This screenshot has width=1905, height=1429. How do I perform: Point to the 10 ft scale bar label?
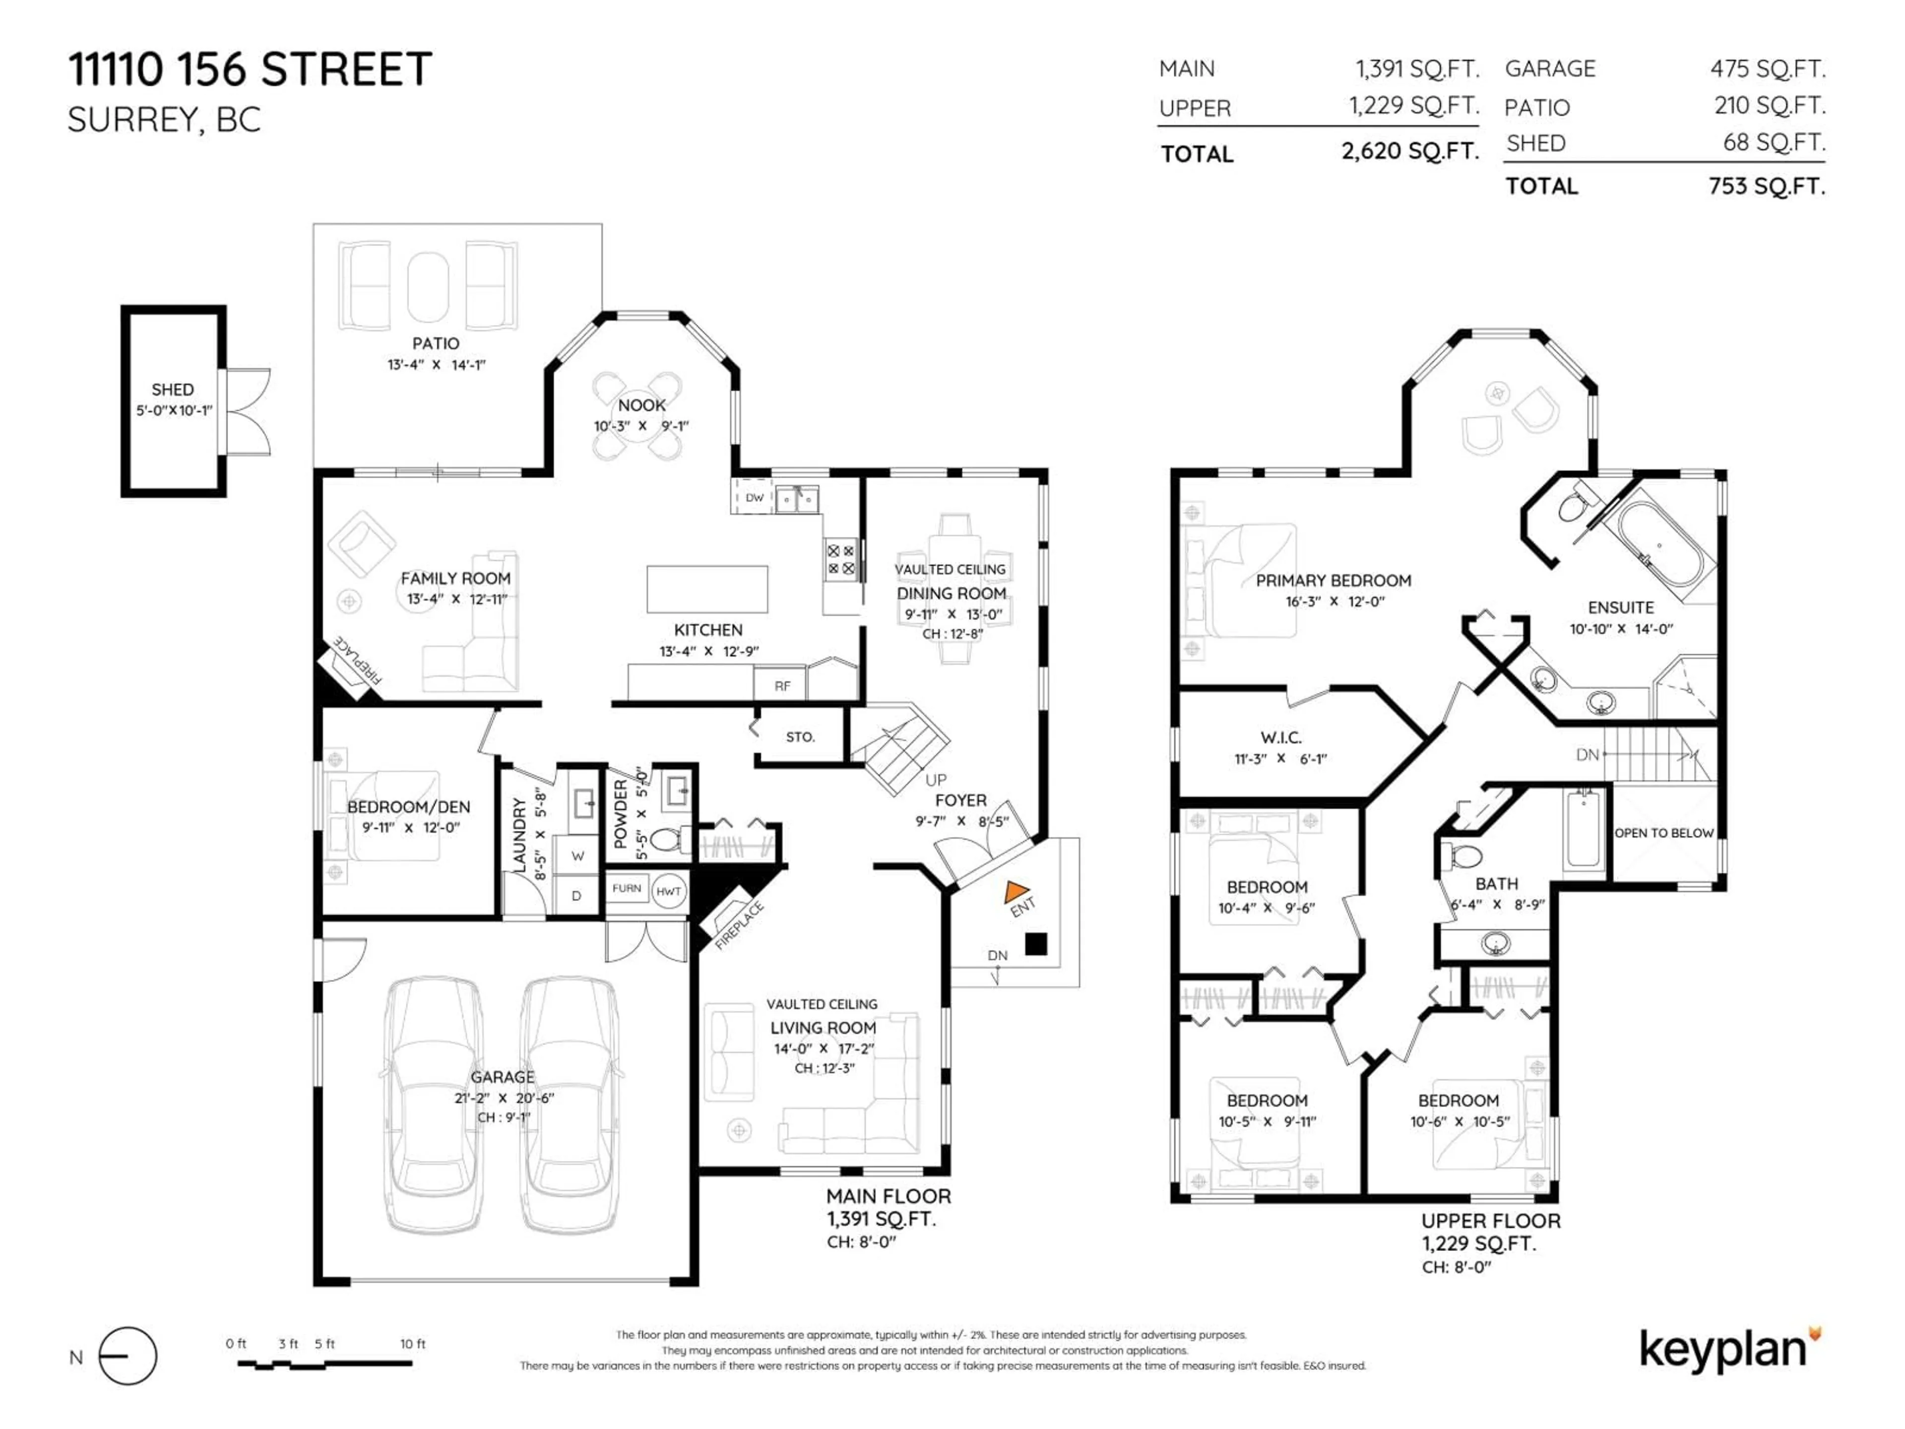413,1344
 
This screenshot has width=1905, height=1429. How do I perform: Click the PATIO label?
435,343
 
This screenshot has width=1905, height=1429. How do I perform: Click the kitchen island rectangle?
707,589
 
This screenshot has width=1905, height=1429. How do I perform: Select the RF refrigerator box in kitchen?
782,686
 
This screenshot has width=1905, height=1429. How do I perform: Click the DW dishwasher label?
755,498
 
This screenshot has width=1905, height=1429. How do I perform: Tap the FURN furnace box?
627,888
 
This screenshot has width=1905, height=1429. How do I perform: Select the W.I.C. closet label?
1280,737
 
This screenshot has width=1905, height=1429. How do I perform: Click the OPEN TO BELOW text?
1664,833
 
